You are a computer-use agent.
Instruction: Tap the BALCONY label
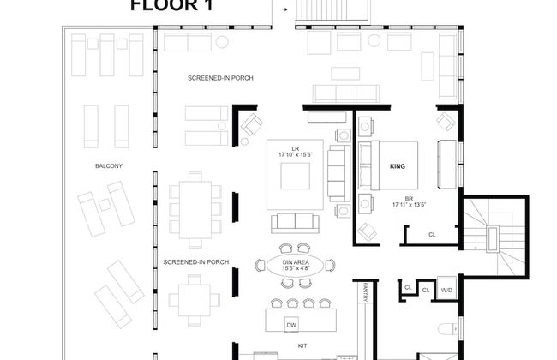click(x=107, y=165)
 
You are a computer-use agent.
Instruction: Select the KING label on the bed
click(x=397, y=165)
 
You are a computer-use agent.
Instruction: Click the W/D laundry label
click(x=447, y=291)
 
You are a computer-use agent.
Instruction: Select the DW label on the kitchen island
click(x=291, y=325)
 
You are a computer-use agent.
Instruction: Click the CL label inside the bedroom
click(x=432, y=233)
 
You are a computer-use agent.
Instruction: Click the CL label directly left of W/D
click(x=426, y=291)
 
